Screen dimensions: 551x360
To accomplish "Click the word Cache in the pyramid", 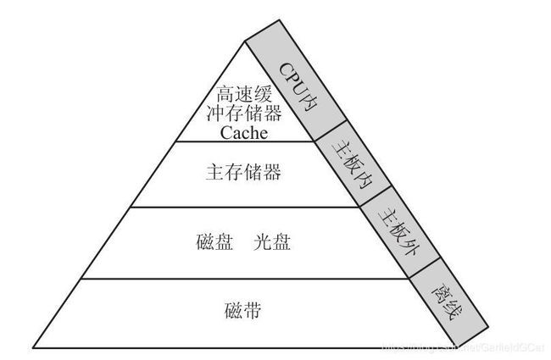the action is click(243, 133).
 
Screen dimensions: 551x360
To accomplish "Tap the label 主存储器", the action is click(243, 173).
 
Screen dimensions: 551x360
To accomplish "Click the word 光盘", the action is click(272, 241).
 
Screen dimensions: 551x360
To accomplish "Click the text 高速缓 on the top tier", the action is click(243, 94).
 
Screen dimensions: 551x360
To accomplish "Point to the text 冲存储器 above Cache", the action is click(243, 114).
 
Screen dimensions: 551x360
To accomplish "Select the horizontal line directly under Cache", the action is click(243, 141).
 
